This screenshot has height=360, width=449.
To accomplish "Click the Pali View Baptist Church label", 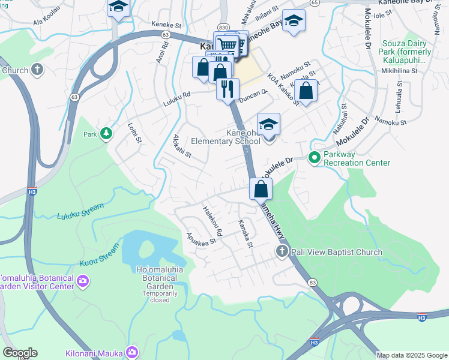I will [x=336, y=252].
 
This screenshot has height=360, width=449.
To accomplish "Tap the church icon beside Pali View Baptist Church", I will [x=281, y=251].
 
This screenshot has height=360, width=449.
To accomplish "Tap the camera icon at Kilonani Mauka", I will [x=131, y=352].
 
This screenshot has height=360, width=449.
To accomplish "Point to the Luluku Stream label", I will [x=80, y=212].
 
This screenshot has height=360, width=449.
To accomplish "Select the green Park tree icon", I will [x=106, y=133].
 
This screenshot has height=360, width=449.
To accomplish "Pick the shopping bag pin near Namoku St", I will [x=306, y=91].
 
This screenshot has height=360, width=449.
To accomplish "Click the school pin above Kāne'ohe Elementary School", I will [x=268, y=124].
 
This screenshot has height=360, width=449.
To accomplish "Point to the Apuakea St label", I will [x=201, y=239].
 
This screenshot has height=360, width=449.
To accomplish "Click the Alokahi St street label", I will [x=182, y=146].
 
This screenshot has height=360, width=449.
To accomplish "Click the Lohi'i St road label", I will [x=134, y=132].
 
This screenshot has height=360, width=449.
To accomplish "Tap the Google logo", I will [x=20, y=353].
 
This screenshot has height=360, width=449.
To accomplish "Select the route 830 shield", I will [x=223, y=28].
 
